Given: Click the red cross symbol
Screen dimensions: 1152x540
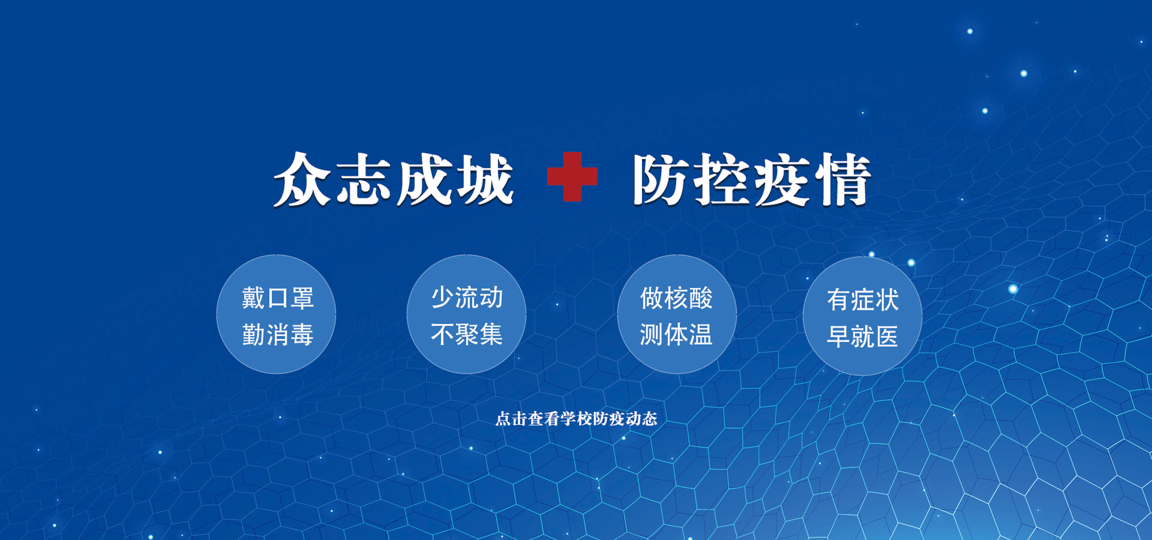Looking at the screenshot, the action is pos(572,177).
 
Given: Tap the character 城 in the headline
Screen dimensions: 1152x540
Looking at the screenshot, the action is pos(486,180).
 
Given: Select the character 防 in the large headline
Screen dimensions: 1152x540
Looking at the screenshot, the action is pos(661,180).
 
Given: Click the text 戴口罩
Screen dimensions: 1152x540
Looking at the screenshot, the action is pos(278,298).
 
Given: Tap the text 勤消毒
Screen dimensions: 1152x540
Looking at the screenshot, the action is pos(278,335).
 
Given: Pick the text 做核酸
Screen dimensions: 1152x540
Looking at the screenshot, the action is pos(676,298).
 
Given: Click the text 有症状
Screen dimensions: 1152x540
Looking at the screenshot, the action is pos(863,300).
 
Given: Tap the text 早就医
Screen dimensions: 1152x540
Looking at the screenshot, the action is pos(863,337).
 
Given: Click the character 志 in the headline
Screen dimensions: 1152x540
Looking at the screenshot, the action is pos(364,180).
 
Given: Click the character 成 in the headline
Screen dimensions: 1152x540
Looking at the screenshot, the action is pos(425,180).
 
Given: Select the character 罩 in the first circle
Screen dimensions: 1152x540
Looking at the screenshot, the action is pos(302,298).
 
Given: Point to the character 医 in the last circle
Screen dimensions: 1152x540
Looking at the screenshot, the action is pos(887,337).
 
